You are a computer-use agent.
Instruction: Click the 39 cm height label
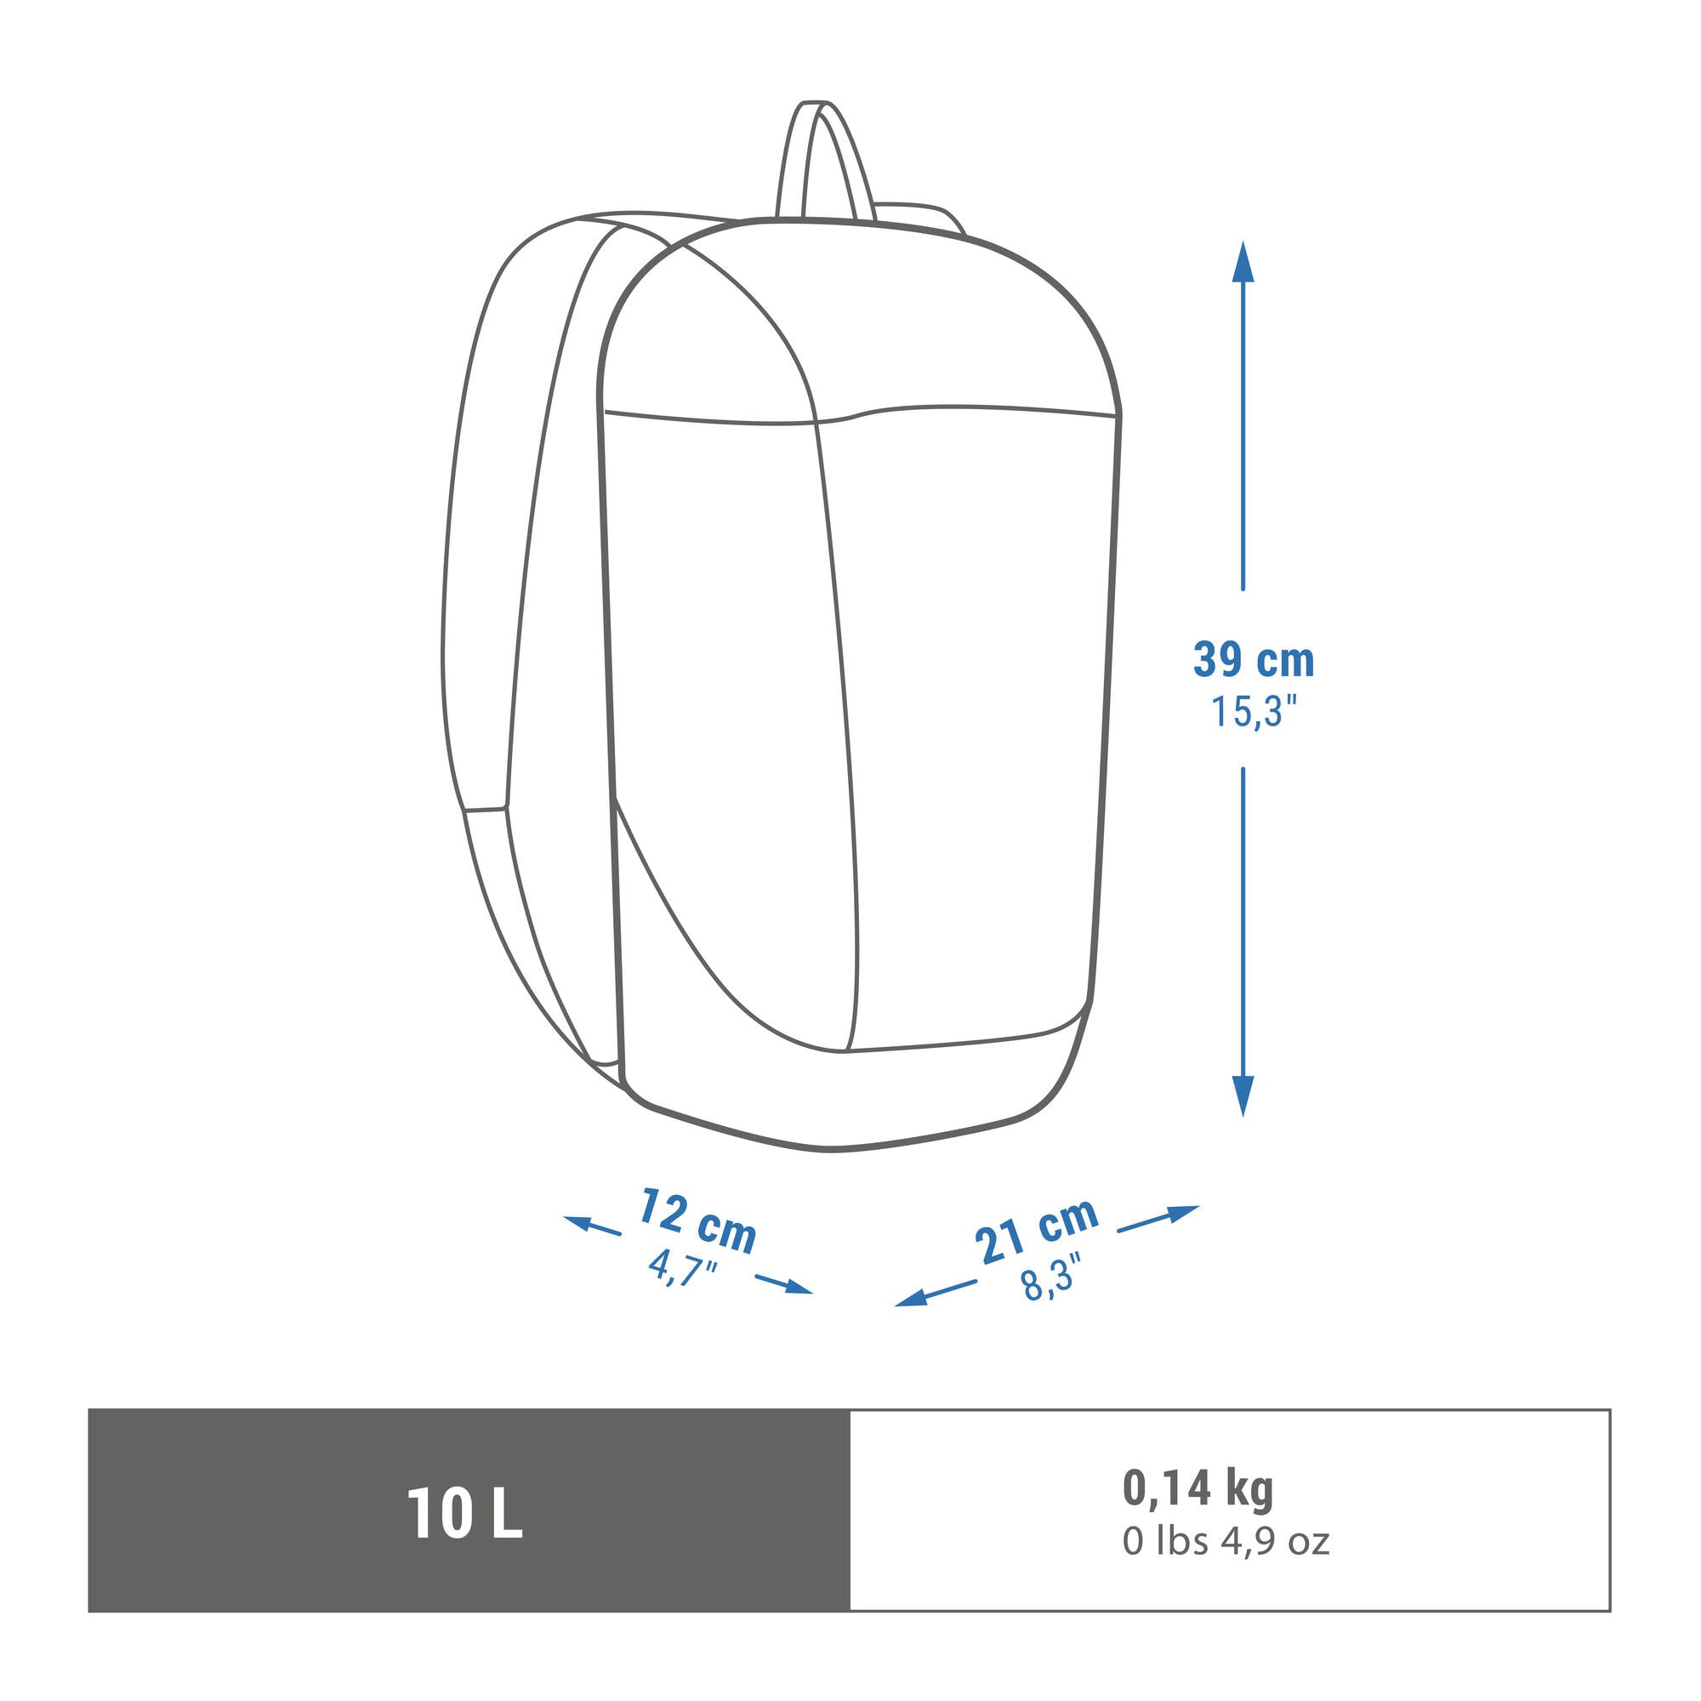1253,660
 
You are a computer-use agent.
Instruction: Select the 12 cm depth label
698,1220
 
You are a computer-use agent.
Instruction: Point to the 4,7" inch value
682,1268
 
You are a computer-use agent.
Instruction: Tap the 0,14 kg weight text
1198,1487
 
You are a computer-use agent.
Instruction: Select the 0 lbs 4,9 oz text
1226,1541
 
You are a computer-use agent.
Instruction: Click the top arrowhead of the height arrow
1243,260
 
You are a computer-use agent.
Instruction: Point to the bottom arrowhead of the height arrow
1243,1097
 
